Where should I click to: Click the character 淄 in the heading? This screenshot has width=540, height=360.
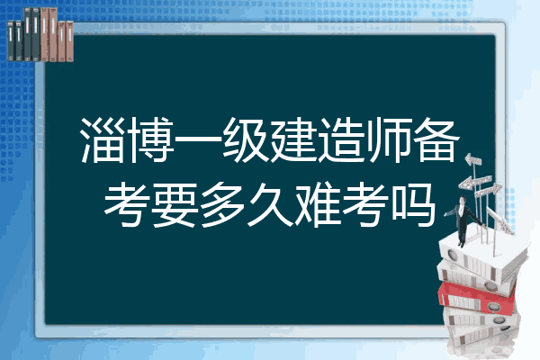(103, 140)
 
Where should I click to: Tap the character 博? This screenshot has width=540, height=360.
(151, 140)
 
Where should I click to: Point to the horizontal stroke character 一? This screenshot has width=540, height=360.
(199, 139)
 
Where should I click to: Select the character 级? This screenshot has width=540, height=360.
(246, 140)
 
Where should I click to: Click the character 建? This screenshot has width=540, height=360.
(293, 140)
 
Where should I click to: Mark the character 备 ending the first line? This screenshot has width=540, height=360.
(437, 139)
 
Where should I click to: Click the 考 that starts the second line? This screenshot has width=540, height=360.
(127, 205)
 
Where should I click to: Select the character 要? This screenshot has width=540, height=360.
(175, 205)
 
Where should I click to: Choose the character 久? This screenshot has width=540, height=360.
(270, 205)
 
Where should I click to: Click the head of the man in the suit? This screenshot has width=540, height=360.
(463, 200)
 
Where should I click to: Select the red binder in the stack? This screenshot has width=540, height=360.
(477, 297)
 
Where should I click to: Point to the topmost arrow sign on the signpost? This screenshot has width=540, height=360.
(473, 160)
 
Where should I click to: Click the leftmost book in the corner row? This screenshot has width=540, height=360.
(11, 40)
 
